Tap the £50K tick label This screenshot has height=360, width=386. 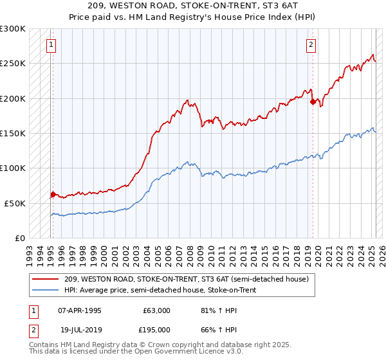(x=15, y=203)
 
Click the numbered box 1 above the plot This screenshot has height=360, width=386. (x=51, y=45)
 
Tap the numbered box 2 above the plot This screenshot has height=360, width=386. (x=311, y=45)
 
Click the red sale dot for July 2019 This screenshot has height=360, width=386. (x=313, y=102)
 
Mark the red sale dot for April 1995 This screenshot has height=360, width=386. (x=53, y=194)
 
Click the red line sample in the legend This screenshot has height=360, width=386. (x=45, y=279)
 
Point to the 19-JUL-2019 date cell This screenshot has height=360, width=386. (x=79, y=330)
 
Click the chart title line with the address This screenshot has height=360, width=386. (x=193, y=6)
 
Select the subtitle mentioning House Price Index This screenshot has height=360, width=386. (x=193, y=17)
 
